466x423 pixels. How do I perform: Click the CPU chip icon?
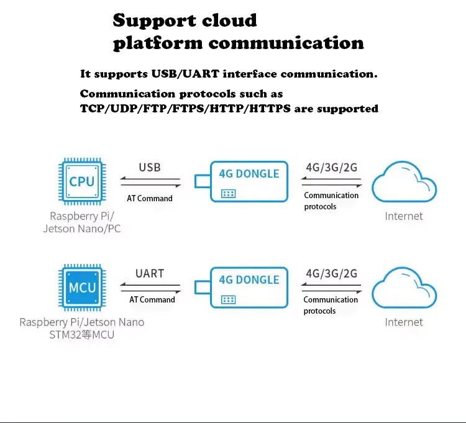click(x=82, y=181)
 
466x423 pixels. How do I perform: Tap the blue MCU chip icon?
click(x=82, y=287)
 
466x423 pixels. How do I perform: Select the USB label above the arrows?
click(x=150, y=168)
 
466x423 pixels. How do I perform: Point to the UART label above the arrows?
click(x=150, y=273)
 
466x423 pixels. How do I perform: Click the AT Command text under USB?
click(x=150, y=198)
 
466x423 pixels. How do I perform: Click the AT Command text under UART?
click(x=152, y=299)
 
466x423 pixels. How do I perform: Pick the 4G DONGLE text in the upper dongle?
click(x=249, y=174)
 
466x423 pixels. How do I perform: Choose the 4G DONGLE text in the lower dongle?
click(x=249, y=280)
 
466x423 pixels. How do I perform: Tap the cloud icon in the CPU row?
click(x=404, y=182)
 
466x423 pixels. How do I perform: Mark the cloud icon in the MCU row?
click(x=404, y=288)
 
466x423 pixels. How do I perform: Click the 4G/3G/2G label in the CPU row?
click(x=332, y=168)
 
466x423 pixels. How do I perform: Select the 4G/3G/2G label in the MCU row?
click(x=332, y=273)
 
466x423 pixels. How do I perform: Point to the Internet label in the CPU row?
click(x=404, y=216)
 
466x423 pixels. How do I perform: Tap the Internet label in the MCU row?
click(x=404, y=322)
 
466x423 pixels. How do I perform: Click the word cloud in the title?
click(x=229, y=20)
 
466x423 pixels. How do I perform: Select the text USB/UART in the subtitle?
click(x=185, y=74)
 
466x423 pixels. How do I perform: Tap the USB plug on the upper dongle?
click(x=203, y=181)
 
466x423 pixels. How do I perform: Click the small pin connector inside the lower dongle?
click(x=228, y=300)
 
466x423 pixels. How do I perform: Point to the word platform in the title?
click(x=158, y=43)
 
